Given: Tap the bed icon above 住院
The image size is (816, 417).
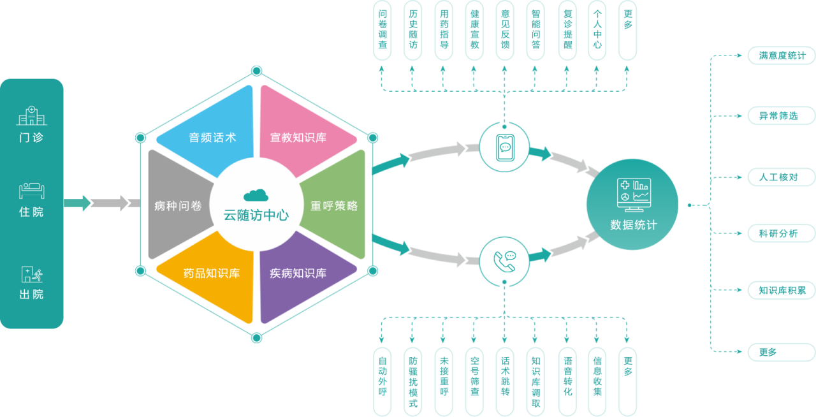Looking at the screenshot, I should pos(31,190).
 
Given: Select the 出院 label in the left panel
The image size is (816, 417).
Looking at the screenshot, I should pos(31,295).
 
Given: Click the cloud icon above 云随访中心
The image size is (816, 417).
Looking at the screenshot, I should pos(256,194).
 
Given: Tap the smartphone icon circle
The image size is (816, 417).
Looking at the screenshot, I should pos(504,147).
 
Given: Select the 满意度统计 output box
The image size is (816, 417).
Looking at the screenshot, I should pos(782,55).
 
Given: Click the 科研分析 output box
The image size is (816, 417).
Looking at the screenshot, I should pos(782,233).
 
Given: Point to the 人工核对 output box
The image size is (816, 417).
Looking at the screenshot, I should pos(782,177).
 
